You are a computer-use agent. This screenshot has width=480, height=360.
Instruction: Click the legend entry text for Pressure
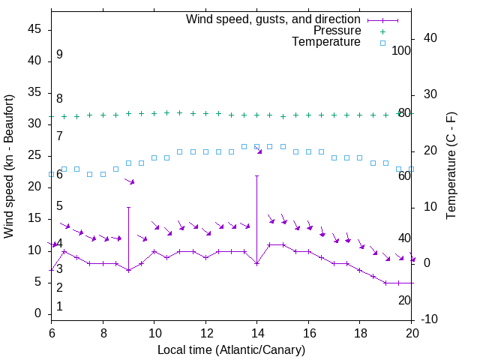pos(337,31)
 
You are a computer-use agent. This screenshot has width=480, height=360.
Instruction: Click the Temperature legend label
pos(326,43)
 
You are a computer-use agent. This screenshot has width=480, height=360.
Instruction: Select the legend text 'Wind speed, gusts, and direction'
pos(274,19)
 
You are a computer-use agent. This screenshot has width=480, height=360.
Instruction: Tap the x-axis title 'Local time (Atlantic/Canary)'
pos(231,349)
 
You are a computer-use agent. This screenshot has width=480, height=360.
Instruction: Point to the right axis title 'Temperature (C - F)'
pos(451,166)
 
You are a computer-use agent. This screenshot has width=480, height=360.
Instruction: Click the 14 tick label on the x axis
pos(256,331)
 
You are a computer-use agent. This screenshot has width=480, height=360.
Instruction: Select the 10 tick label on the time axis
pos(154,331)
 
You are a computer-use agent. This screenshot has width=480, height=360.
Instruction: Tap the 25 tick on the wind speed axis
pos(34,156)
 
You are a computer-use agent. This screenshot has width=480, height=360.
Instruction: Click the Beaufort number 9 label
pos(59,55)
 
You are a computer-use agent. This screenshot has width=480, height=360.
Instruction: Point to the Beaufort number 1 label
pos(59,306)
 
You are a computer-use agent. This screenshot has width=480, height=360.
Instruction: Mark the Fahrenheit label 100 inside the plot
pos(402,50)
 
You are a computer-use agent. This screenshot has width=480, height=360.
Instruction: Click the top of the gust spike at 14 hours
pos(256,175)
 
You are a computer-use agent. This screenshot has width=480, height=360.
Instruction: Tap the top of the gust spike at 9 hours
pos(128,207)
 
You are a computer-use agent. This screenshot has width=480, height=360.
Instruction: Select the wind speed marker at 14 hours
pos(256,263)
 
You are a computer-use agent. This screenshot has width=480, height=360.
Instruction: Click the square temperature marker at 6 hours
pos(51,174)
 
